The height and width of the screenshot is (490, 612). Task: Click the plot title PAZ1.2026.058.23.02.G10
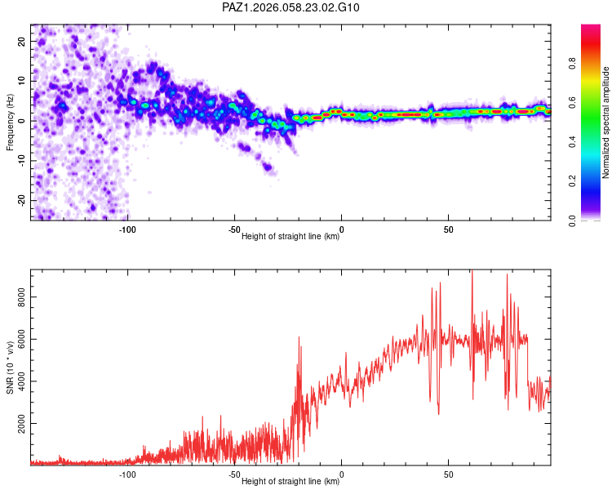(290, 7)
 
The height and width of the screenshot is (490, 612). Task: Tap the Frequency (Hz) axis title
(10, 122)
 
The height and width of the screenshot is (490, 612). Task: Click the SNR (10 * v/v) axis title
(10, 367)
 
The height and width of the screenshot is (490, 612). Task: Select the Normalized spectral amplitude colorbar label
(606, 122)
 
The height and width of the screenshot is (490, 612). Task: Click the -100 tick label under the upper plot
(126, 229)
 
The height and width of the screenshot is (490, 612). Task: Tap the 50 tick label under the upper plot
(449, 229)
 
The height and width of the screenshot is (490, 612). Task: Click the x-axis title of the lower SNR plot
(290, 482)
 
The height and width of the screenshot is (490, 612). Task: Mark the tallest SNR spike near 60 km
(472, 271)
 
